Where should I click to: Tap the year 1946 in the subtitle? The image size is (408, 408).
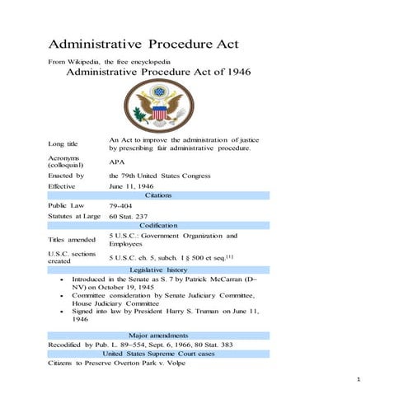(x=234, y=72)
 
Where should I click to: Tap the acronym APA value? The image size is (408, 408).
(x=117, y=162)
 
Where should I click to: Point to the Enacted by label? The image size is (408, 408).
(x=66, y=176)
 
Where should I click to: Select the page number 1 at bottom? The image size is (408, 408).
(x=359, y=379)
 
